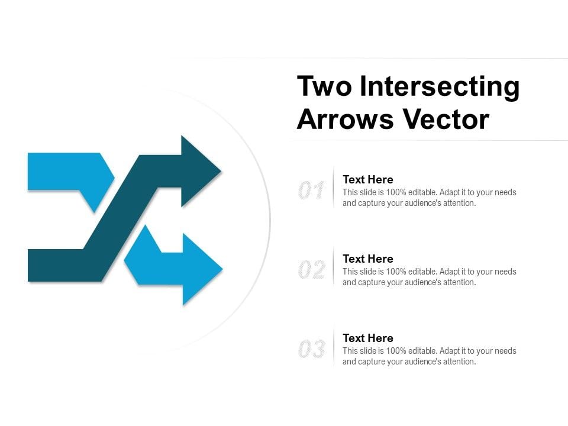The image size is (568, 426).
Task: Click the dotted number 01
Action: pos(311,191)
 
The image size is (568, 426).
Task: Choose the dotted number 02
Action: pos(311,270)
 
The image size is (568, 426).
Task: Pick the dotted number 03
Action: pos(311,350)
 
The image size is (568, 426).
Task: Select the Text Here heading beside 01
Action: pos(368,179)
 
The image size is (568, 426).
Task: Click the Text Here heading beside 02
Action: pos(368,259)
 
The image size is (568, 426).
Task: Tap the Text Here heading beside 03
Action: pos(368,338)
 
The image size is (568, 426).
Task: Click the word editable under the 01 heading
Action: pos(422,192)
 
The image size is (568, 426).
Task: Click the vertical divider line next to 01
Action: pos(334,188)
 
